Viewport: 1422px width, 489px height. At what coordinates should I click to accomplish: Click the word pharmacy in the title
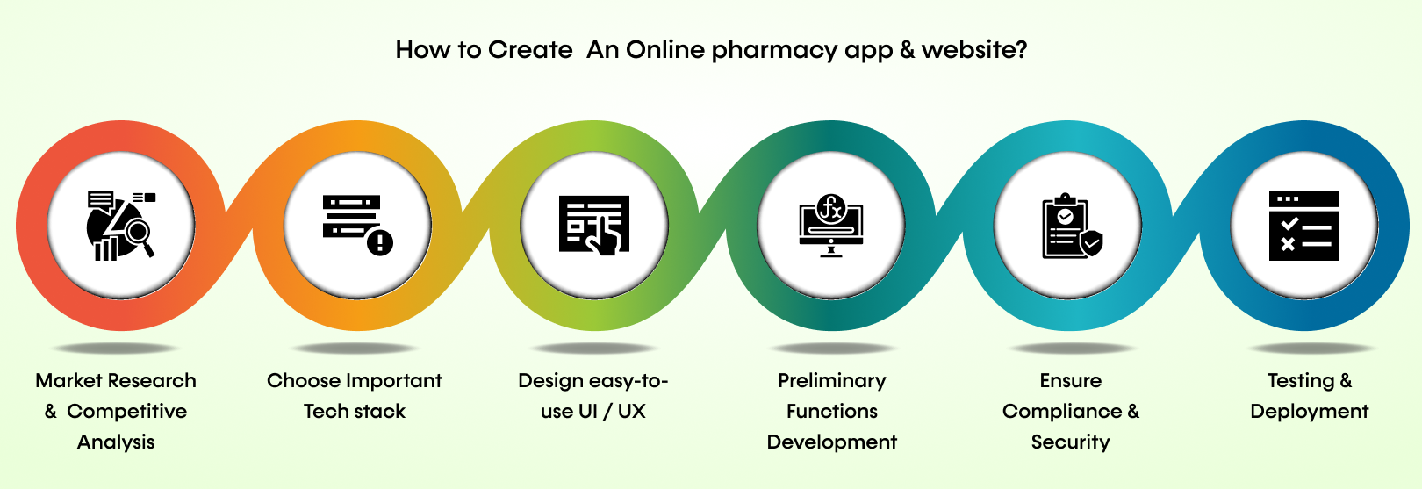(773, 50)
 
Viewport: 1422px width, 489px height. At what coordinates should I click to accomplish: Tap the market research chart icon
(120, 226)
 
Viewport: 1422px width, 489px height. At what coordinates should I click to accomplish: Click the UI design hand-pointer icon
(594, 226)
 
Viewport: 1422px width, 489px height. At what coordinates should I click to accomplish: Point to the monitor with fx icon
(830, 226)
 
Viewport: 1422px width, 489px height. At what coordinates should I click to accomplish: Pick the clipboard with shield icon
(1070, 226)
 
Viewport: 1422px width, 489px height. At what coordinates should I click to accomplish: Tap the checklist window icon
(1304, 226)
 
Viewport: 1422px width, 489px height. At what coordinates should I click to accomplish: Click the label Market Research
(116, 380)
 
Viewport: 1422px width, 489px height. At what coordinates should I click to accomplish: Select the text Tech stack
(355, 411)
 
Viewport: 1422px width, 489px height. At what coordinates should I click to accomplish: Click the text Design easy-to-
(593, 380)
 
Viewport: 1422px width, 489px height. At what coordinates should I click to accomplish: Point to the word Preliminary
(832, 380)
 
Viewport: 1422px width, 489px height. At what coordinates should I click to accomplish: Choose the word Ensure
(1071, 380)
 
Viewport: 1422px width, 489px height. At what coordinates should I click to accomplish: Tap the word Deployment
(1310, 411)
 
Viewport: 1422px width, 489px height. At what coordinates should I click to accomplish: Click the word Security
(1071, 442)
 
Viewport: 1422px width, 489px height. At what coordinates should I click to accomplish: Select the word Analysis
(116, 442)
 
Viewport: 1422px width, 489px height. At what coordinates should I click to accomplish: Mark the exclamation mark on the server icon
(380, 241)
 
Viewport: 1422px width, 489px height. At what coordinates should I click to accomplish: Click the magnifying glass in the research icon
(138, 233)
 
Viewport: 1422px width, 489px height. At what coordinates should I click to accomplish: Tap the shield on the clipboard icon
(1091, 242)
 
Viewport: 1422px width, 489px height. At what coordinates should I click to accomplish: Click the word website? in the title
(974, 50)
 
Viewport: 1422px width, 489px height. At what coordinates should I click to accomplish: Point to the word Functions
(832, 411)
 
